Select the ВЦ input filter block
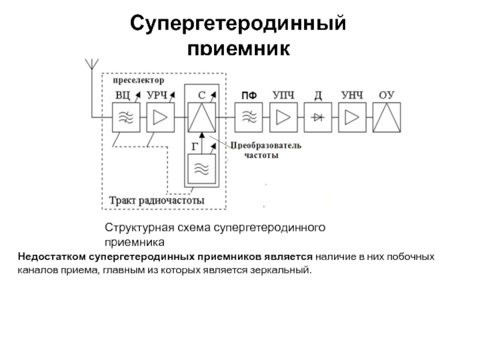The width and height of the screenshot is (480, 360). click(125, 116)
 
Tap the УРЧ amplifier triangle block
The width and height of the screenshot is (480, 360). click(159, 116)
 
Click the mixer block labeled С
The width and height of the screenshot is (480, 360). click(202, 116)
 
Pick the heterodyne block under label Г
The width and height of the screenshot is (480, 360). click(202, 169)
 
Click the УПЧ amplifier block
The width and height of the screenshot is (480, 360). click(283, 116)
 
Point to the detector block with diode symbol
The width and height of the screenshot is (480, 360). click(318, 116)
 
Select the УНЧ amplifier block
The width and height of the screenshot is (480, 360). click(353, 116)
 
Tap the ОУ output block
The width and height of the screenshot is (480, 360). click(387, 116)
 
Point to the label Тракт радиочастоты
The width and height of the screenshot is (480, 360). click(157, 200)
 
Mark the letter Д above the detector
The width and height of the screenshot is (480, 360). click(318, 95)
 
